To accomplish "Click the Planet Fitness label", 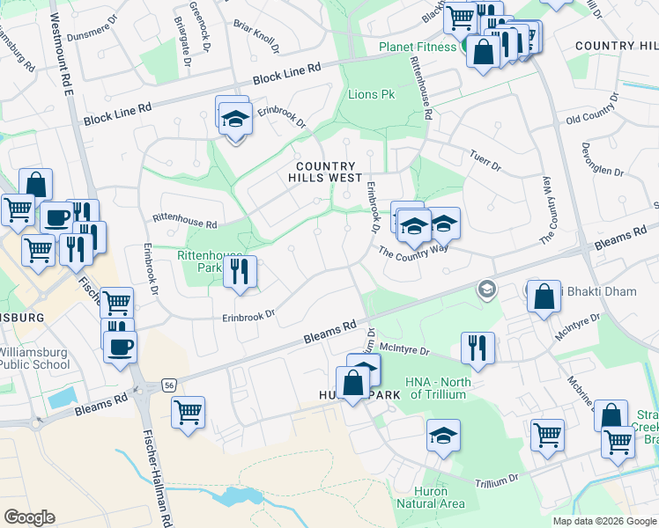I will [418, 47].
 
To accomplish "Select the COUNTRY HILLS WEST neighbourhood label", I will [325, 172].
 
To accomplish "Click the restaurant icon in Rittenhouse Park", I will [239, 272].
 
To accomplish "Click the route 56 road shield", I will [168, 385].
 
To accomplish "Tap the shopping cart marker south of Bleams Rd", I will [189, 412].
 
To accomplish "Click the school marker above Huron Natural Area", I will [443, 436].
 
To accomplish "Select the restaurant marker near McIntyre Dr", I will [478, 348].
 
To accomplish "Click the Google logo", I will [30, 517].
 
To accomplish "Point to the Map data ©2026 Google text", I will [604, 521].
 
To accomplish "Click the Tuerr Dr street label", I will [485, 158].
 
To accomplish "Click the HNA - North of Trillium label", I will [439, 388].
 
